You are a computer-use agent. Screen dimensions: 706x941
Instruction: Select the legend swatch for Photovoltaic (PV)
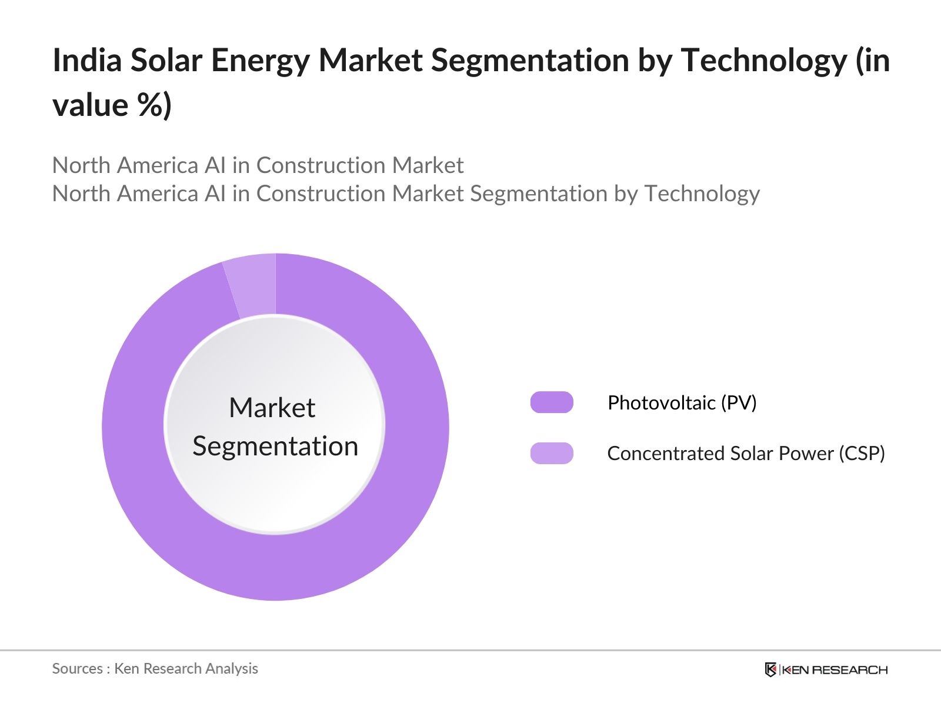(552, 402)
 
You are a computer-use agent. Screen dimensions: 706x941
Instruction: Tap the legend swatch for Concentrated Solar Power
(552, 453)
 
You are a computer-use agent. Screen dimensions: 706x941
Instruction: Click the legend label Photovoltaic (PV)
(682, 402)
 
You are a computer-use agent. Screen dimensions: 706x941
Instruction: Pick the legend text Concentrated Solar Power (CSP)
(746, 453)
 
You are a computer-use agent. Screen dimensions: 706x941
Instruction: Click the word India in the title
(86, 60)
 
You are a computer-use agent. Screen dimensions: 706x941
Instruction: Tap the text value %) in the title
(112, 105)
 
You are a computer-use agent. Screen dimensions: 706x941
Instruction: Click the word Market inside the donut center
(272, 407)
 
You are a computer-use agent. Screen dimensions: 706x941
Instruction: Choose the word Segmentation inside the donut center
(275, 446)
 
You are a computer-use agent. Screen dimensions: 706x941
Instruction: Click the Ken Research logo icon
(770, 670)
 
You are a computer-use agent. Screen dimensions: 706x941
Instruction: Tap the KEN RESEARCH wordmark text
(835, 670)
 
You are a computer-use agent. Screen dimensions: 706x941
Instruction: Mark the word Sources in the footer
(77, 668)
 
